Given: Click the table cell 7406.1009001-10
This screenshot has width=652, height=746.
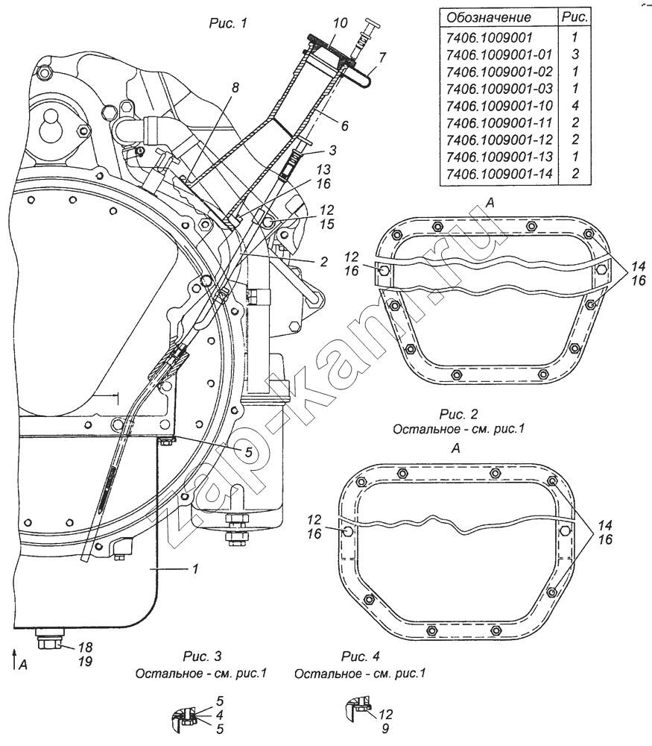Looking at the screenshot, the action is tap(499, 106).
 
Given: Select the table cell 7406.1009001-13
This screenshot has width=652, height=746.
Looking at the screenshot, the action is tap(499, 157).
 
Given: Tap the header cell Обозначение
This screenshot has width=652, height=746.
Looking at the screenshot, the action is tap(489, 18).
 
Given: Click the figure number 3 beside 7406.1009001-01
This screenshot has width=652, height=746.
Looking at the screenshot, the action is tap(575, 54).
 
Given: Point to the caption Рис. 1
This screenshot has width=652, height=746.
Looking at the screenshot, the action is tap(228, 23).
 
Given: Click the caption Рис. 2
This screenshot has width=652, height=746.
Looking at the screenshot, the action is tap(458, 414).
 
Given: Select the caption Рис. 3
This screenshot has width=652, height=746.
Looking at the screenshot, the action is tap(203, 656).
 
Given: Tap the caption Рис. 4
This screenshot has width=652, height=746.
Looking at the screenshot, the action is tap(361, 656).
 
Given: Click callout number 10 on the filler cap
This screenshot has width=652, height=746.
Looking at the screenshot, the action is tap(341, 23).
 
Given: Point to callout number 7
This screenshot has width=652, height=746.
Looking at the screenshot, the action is tap(382, 57).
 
